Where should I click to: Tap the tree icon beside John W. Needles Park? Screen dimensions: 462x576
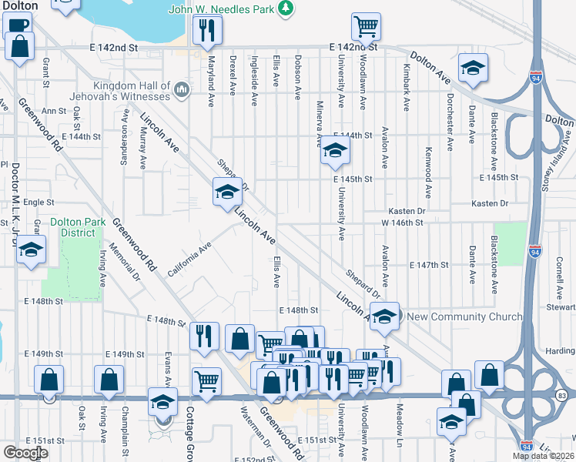click(286, 8)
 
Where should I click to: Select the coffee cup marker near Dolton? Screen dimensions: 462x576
click(16, 23)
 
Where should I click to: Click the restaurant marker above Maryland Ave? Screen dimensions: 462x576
click(207, 29)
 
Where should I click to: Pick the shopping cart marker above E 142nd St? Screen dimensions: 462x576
click(366, 26)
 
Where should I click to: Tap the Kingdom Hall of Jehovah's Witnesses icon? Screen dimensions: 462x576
click(182, 90)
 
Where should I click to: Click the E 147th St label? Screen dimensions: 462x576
click(429, 265)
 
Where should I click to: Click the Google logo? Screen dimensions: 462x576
click(26, 453)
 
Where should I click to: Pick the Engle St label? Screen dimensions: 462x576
click(38, 203)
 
